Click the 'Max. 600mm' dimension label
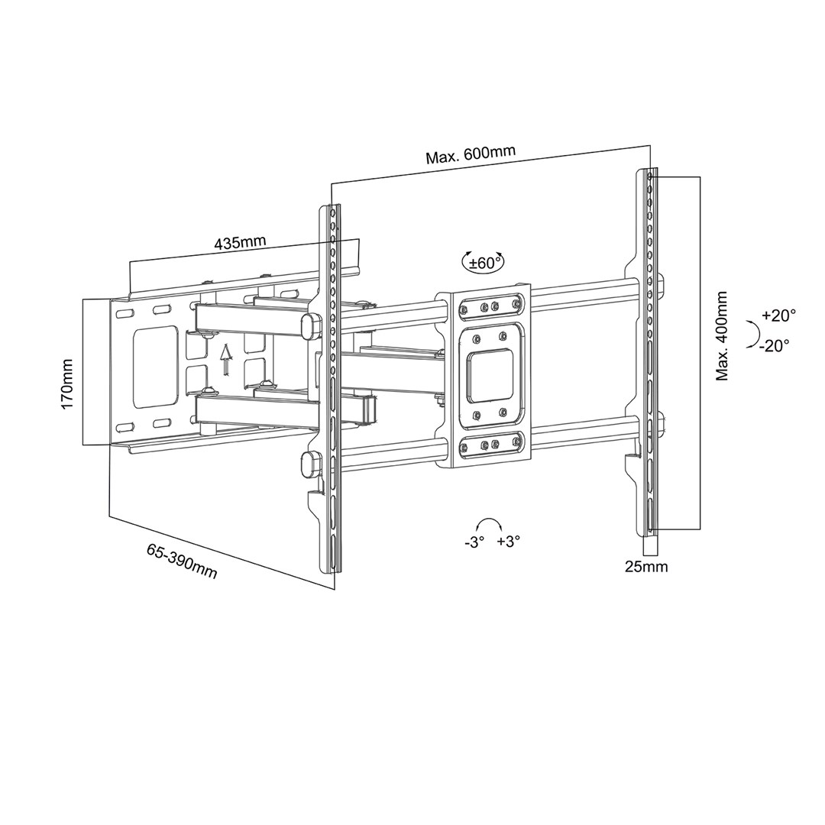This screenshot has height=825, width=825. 471,154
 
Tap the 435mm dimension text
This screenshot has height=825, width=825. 240,244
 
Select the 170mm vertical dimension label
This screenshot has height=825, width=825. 67,383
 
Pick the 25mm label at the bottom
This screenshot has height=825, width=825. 646,567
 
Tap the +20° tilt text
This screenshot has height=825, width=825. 778,315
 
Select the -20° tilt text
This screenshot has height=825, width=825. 775,345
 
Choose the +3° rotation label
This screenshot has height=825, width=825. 508,542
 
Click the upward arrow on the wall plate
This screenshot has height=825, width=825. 225,360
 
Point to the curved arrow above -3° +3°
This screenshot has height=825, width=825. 488,523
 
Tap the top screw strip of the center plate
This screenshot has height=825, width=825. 488,307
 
